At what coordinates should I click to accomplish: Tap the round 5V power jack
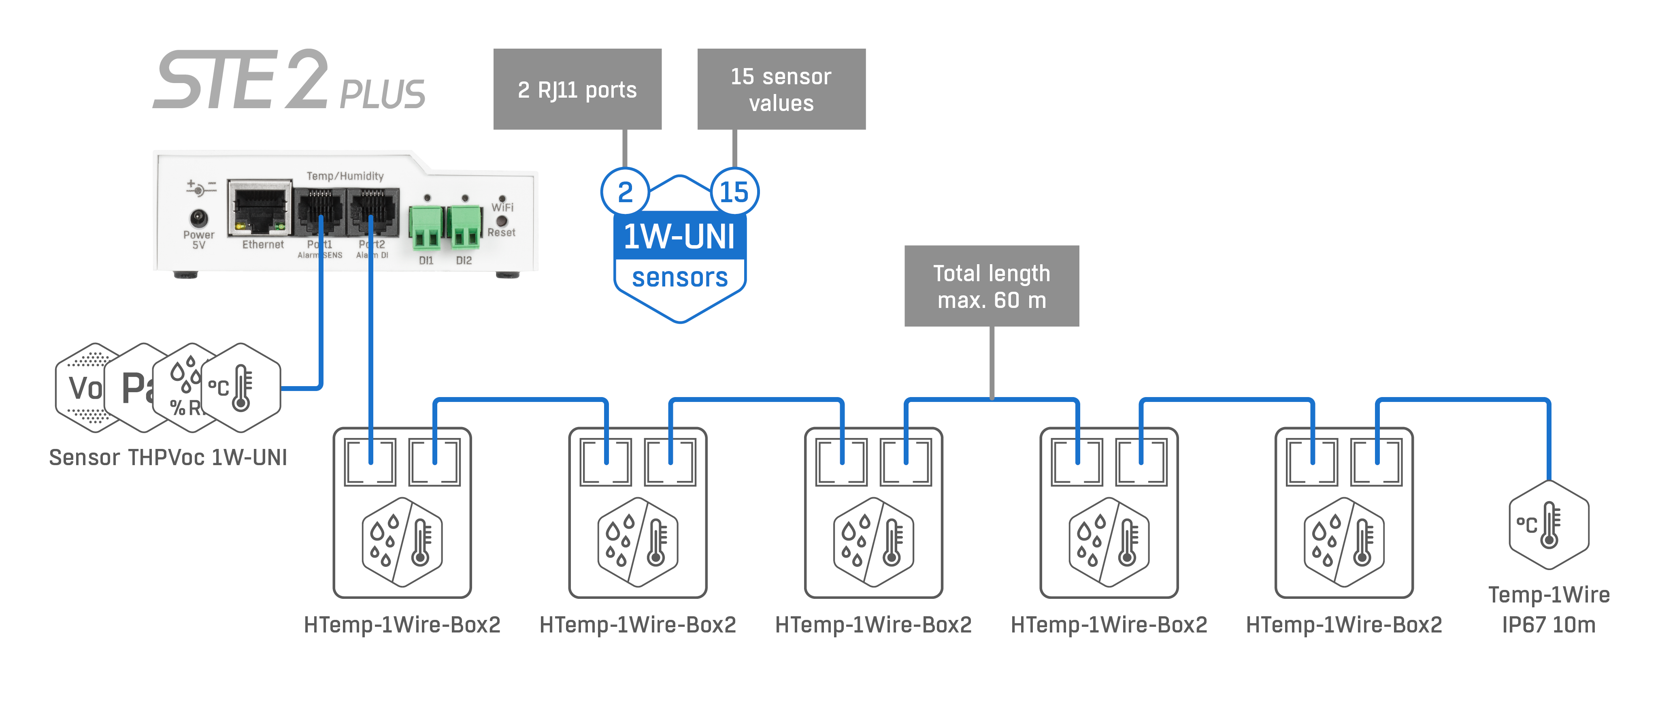pyautogui.click(x=198, y=218)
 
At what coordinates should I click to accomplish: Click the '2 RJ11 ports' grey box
pyautogui.click(x=577, y=89)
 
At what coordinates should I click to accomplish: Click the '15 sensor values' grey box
pyautogui.click(x=781, y=89)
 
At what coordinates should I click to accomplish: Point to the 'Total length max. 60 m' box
pyautogui.click(x=991, y=286)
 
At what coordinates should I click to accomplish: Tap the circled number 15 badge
pyautogui.click(x=734, y=192)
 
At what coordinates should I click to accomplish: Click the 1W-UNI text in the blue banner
pyautogui.click(x=679, y=236)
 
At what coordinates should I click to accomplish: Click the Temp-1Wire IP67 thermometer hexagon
pyautogui.click(x=1549, y=524)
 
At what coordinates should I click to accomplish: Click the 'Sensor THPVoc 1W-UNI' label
pyautogui.click(x=168, y=457)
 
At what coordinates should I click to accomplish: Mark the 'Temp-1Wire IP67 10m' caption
pyautogui.click(x=1549, y=609)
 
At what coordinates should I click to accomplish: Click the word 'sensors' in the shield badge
pyautogui.click(x=679, y=278)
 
